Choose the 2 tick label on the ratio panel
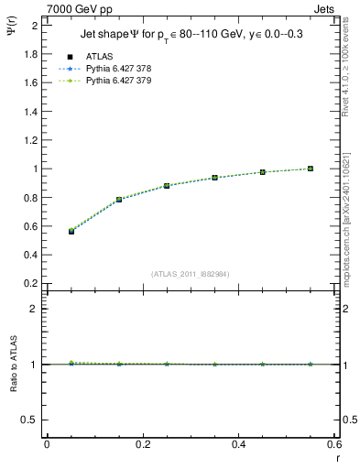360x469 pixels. pos(34,309)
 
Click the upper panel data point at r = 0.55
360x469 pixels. pos(311,169)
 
